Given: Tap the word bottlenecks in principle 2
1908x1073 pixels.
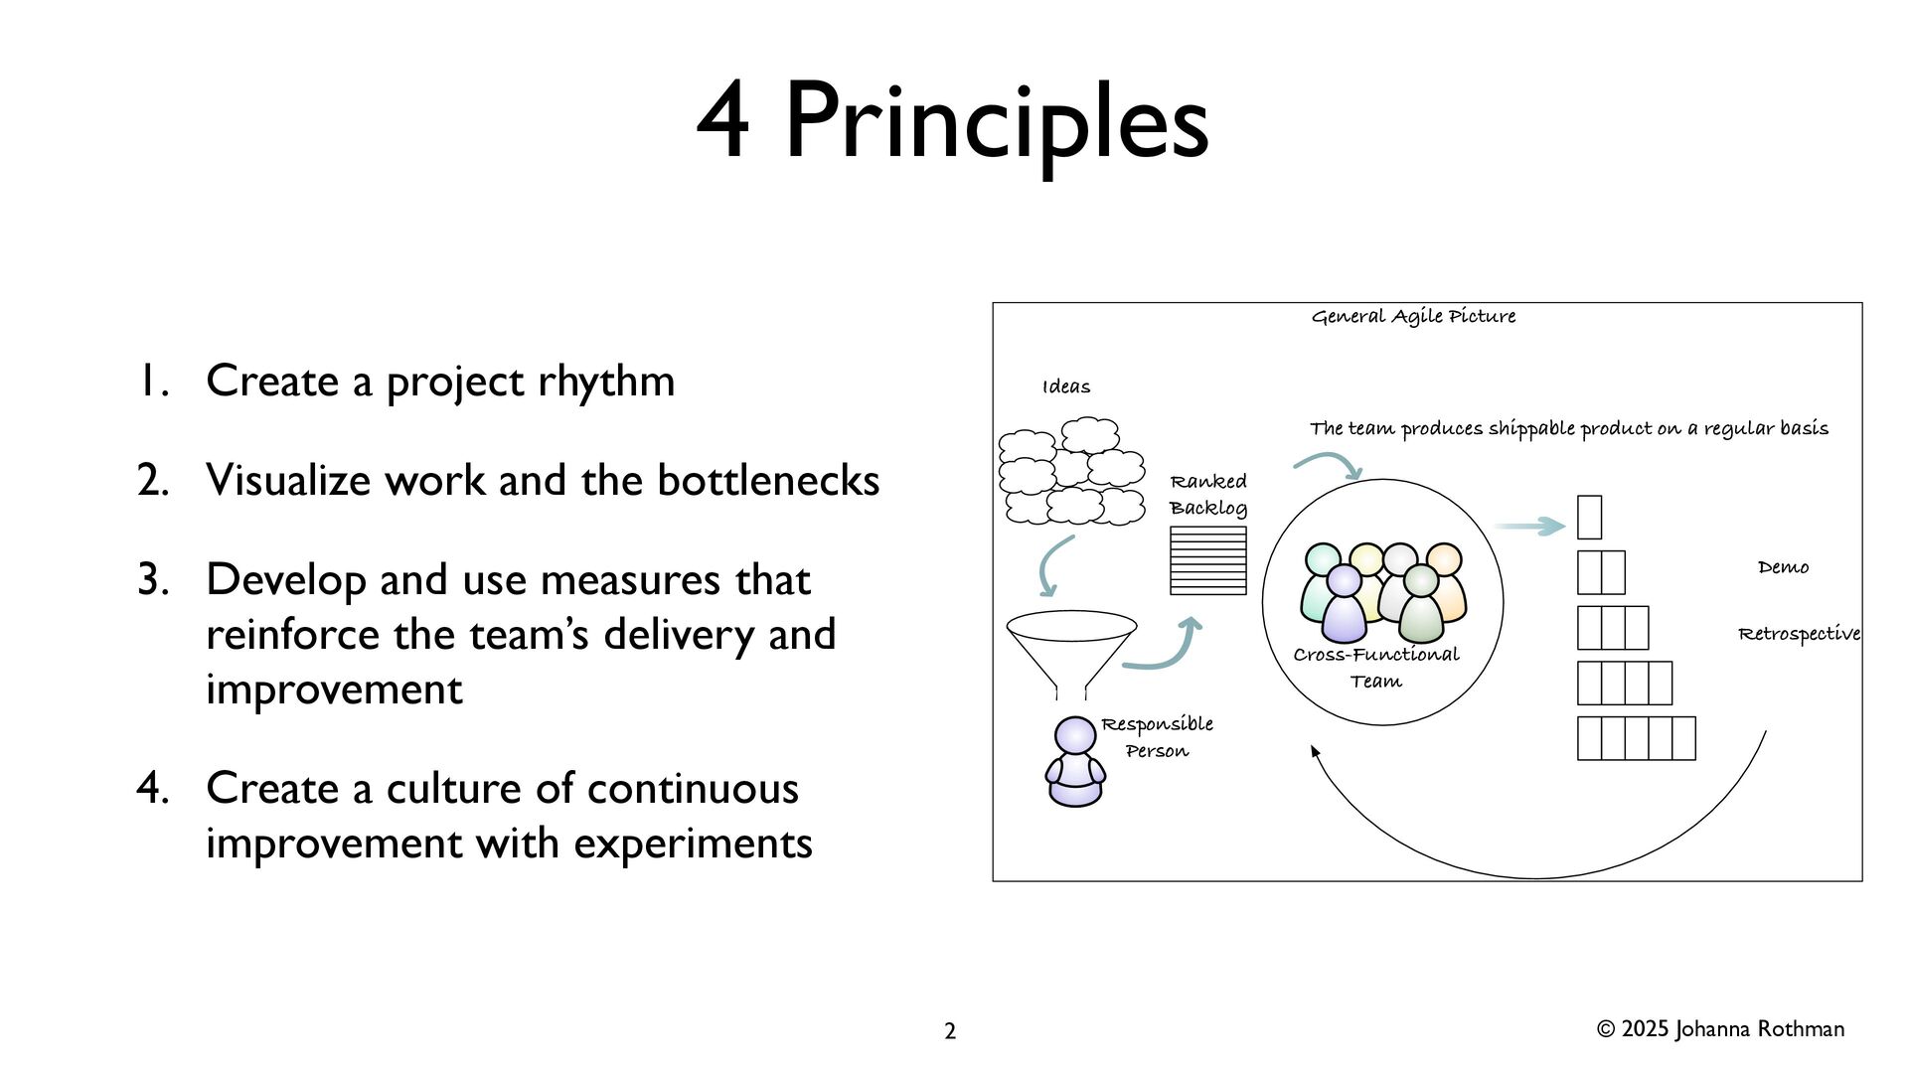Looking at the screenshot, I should (x=768, y=481).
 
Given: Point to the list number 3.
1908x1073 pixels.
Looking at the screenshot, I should (x=153, y=580).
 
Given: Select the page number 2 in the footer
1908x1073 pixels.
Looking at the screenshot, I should (x=950, y=1031).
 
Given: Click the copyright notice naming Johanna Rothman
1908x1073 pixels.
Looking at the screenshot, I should (x=1720, y=1029).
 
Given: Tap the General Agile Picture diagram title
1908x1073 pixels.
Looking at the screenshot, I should (x=1413, y=317).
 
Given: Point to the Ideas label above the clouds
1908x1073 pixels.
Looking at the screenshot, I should (x=1066, y=387).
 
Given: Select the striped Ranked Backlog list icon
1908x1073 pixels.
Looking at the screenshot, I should (x=1208, y=561).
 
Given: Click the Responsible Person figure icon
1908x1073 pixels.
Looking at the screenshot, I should (x=1075, y=762).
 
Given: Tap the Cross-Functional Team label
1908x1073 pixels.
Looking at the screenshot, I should (x=1376, y=668).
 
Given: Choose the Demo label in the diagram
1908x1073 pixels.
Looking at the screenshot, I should (x=1783, y=567).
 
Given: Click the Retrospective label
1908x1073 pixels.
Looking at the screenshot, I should (x=1799, y=634).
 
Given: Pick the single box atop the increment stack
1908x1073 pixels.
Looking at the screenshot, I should (x=1589, y=518).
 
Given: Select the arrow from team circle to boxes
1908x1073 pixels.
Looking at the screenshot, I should (x=1529, y=526).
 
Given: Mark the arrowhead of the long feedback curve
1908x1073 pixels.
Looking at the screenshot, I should (x=1315, y=752).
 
